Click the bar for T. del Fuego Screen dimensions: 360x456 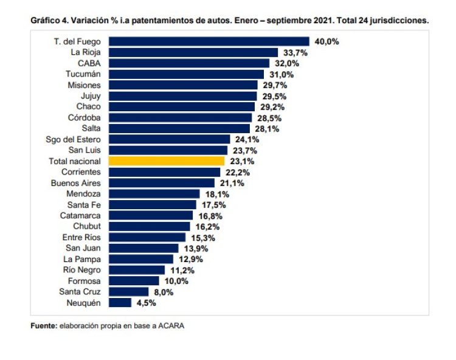[209, 42]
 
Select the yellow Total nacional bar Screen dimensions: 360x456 [167, 161]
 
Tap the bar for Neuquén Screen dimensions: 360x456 [120, 302]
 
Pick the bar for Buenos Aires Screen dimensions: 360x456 [161, 183]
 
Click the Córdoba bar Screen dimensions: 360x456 [180, 118]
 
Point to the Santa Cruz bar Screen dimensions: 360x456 [128, 291]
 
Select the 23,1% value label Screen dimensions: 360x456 [242, 161]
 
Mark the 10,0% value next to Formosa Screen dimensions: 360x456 [176, 281]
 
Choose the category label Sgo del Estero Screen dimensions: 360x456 [75, 139]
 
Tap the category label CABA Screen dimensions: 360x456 [89, 64]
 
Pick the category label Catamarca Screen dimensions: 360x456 [80, 215]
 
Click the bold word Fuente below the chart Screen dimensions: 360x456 [43, 326]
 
